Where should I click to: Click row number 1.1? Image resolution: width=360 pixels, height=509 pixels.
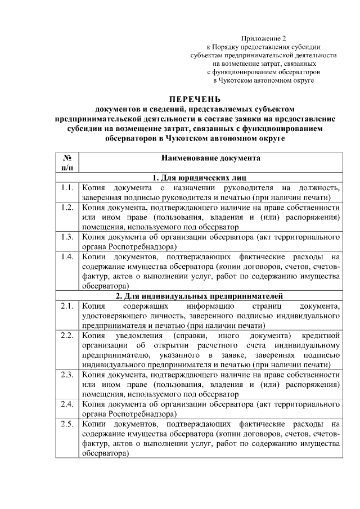[67, 187]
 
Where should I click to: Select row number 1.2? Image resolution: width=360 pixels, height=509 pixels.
[67, 208]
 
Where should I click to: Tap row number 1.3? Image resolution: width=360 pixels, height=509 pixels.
[67, 237]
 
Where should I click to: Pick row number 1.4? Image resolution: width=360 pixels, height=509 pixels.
[67, 256]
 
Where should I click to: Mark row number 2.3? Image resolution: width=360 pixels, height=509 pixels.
[67, 374]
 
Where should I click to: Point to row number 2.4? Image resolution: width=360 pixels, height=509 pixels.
[67, 404]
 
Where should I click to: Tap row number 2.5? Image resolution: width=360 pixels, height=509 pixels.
[67, 424]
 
